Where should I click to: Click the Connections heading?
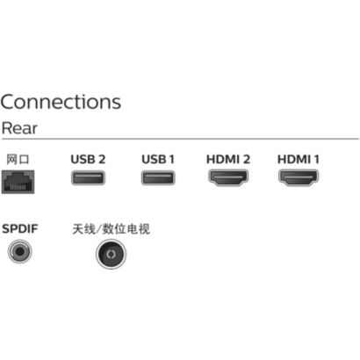click(61, 102)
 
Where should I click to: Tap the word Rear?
click(19, 128)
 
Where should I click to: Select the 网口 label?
click(18, 160)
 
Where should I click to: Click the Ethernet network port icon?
click(18, 182)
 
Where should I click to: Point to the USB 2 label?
click(88, 160)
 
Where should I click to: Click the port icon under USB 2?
click(88, 177)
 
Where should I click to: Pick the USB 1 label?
click(158, 160)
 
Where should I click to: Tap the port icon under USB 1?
click(158, 177)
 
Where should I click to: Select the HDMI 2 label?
click(228, 160)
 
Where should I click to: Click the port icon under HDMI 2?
click(228, 177)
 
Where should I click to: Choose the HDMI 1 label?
click(298, 160)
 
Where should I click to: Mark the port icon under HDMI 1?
click(299, 177)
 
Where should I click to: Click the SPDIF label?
click(20, 228)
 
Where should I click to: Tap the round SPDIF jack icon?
click(19, 251)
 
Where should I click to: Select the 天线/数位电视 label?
click(111, 229)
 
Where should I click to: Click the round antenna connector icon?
click(112, 254)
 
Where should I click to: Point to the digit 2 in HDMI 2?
click(246, 160)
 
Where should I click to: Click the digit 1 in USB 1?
click(171, 160)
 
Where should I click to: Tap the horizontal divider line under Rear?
click(180, 139)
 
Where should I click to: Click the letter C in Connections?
click(9, 102)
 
